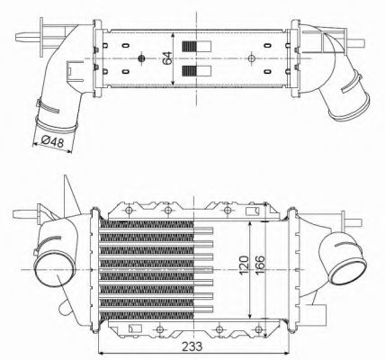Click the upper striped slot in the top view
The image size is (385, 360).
pyautogui.click(x=190, y=47)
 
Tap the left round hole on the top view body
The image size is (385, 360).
pyautogui.click(x=141, y=59)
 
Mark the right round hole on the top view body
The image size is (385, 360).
pyautogui.click(x=248, y=59)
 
